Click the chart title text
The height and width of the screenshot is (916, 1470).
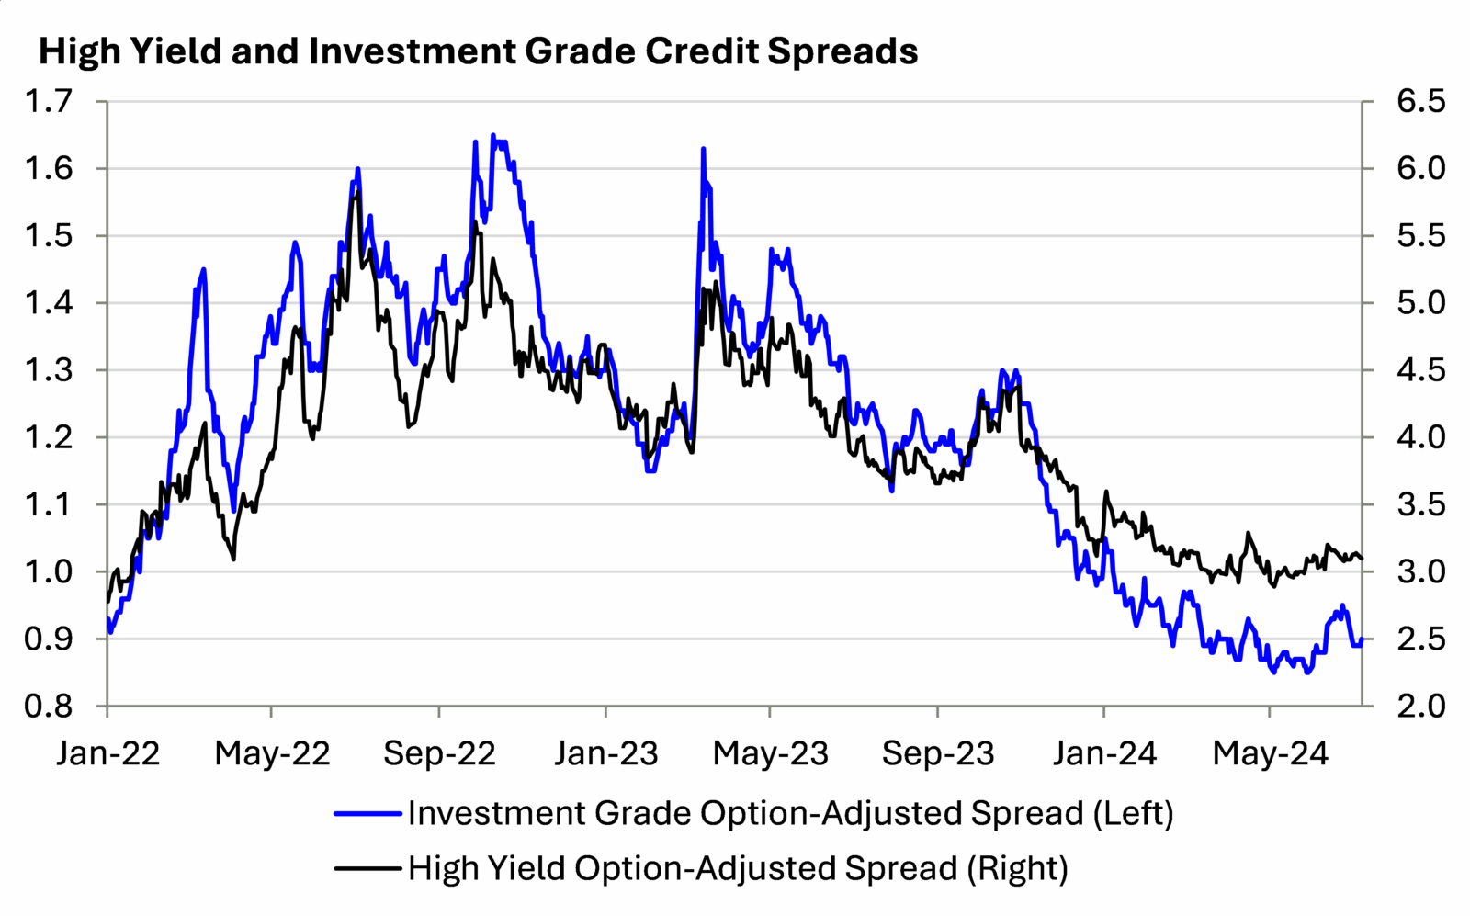478,51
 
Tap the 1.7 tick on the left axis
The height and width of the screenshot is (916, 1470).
49,101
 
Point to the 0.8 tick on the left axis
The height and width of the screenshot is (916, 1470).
49,706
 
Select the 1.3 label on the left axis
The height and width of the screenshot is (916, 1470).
49,370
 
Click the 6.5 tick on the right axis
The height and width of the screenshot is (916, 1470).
1420,101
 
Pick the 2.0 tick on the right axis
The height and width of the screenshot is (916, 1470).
1420,706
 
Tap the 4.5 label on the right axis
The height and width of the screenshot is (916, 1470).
1420,370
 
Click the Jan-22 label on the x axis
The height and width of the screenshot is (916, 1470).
107,753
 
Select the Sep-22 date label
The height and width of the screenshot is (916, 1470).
439,753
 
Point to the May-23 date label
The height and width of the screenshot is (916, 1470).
770,753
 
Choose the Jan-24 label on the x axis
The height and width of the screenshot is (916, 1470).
1104,753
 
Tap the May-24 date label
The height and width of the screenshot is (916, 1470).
1270,753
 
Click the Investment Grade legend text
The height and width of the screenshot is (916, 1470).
790,813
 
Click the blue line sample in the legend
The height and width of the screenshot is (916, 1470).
367,813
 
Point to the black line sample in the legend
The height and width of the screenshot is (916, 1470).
367,867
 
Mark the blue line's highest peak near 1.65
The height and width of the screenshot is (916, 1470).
493,136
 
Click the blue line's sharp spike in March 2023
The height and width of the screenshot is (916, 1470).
703,149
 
